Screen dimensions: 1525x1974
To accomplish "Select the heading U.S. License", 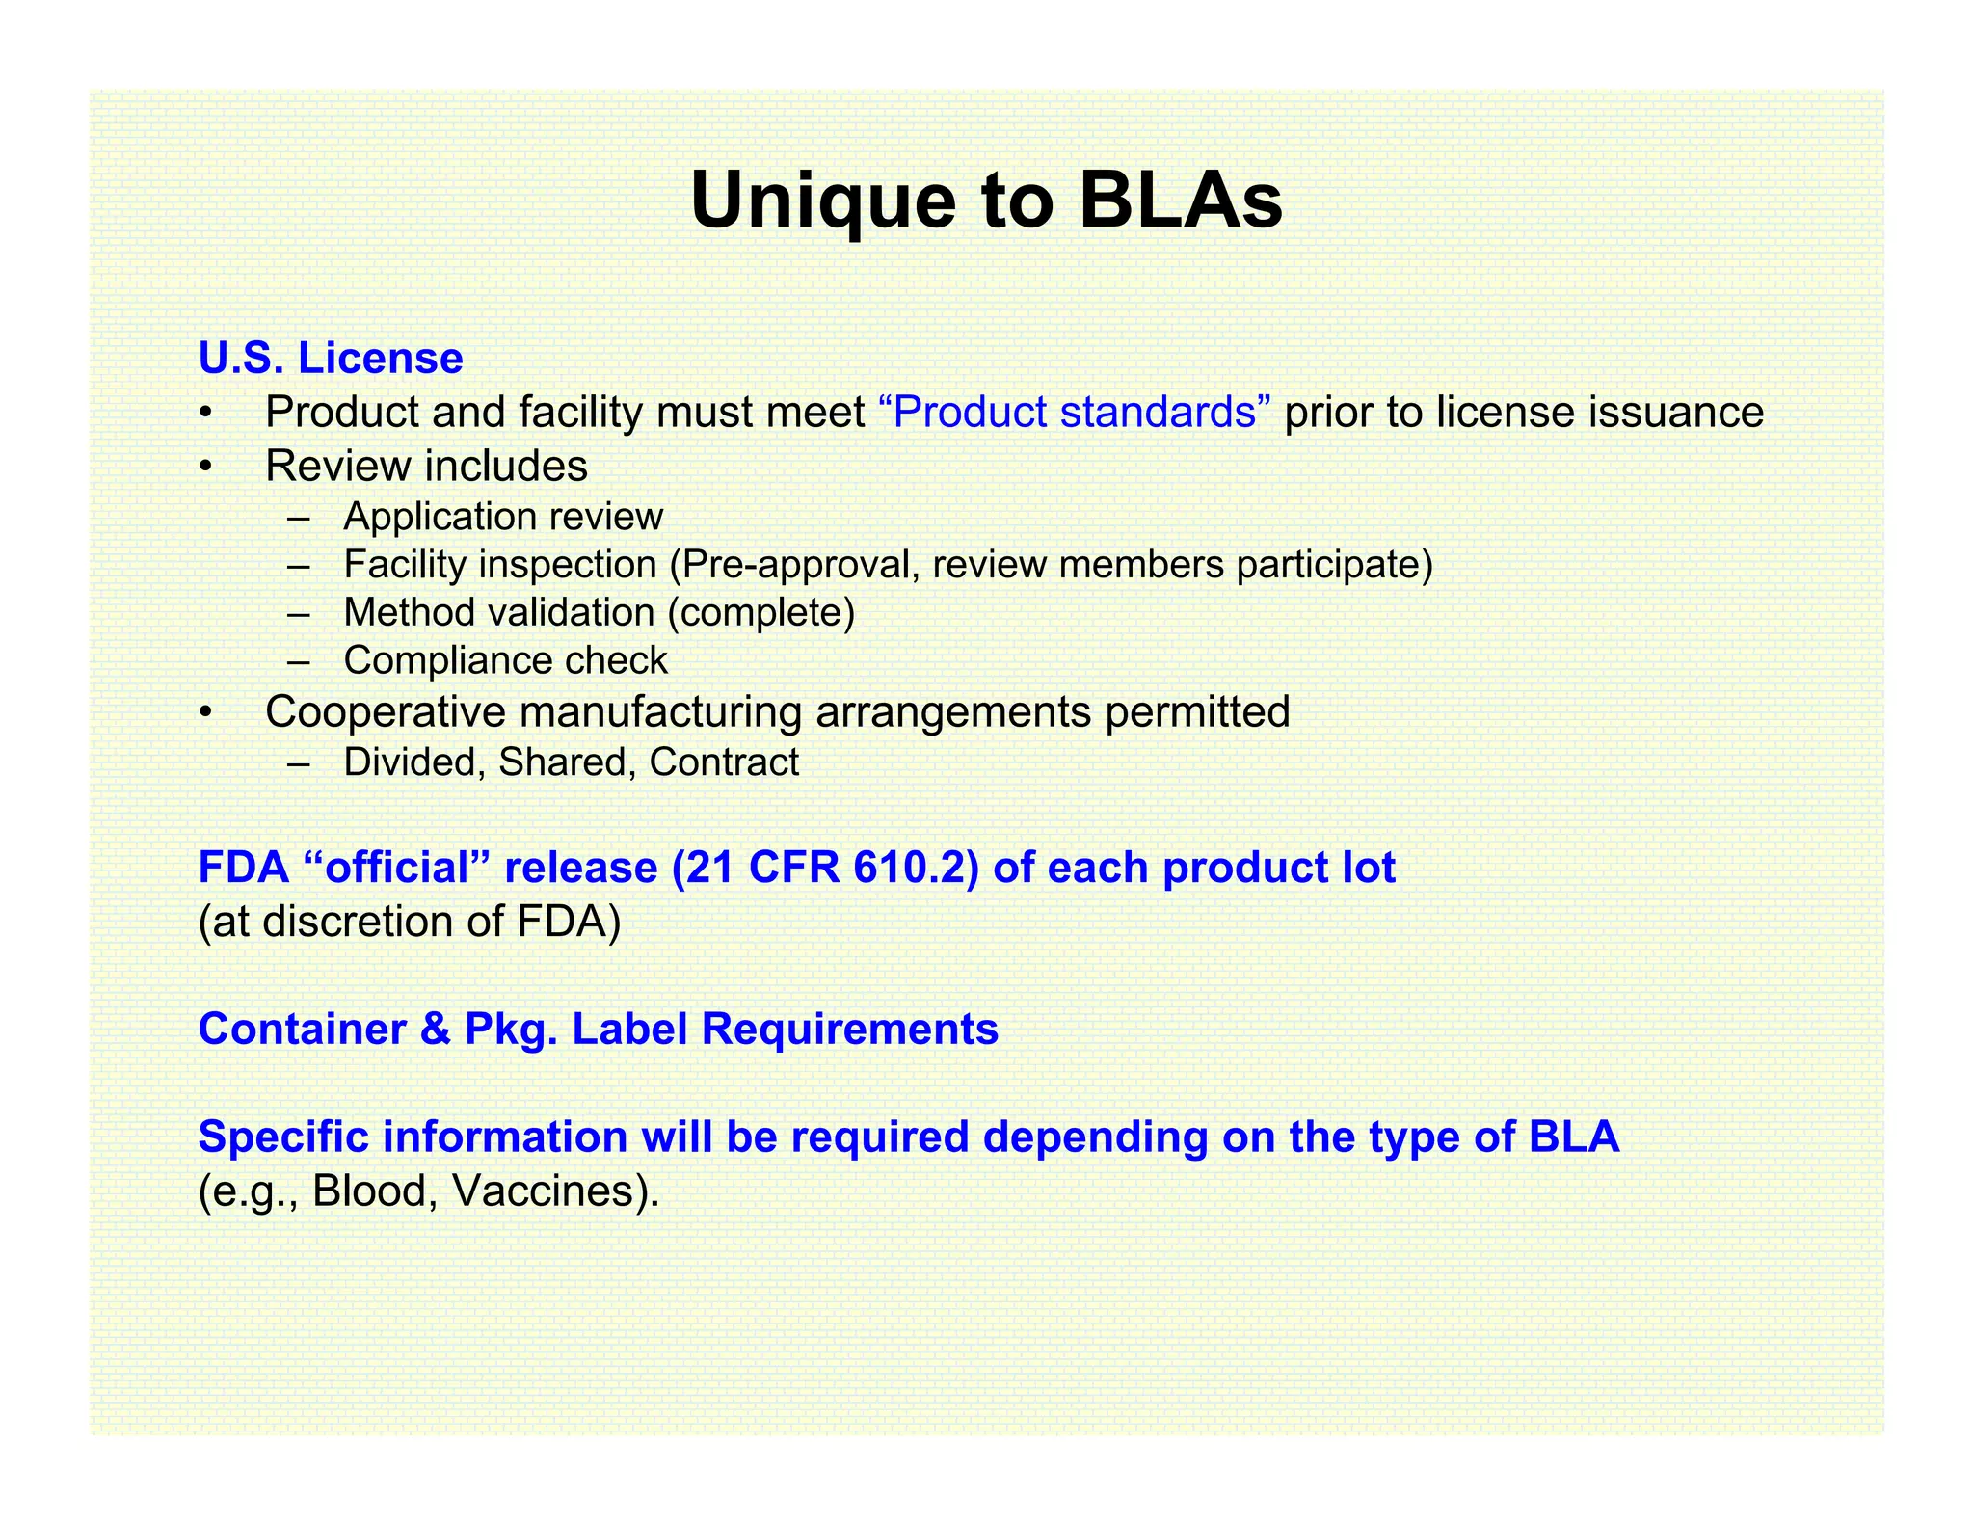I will click(331, 358).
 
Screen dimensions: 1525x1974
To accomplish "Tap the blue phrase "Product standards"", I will click(1076, 413).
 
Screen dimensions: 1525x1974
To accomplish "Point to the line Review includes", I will click(426, 467).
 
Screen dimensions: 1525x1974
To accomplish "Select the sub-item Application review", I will click(503, 517).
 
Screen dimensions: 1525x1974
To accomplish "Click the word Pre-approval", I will click(799, 564).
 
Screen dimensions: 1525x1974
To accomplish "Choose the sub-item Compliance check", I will click(505, 660).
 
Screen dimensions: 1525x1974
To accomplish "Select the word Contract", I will click(724, 762).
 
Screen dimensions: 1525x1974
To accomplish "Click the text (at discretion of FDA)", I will click(410, 922).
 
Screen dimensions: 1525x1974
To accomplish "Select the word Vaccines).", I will click(556, 1191).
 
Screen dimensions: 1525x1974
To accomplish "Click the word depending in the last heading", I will click(1095, 1137).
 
